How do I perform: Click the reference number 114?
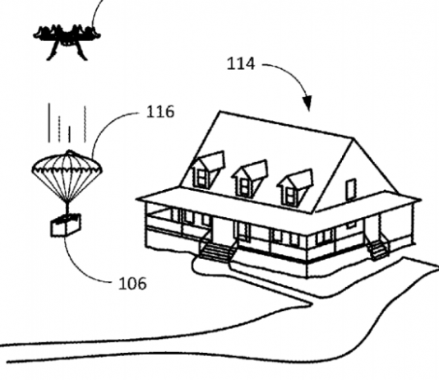[x=241, y=63]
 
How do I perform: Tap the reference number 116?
[x=160, y=112]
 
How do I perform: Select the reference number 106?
[x=132, y=283]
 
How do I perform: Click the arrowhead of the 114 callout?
[x=307, y=103]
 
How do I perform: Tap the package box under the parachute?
[x=66, y=225]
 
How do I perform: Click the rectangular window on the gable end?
[x=351, y=189]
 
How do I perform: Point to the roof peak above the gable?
[x=354, y=138]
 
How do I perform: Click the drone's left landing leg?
[x=53, y=52]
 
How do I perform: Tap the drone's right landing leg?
[x=81, y=53]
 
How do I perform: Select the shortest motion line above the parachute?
[x=69, y=134]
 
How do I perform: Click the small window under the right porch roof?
[x=351, y=224]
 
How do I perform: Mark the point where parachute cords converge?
[x=67, y=202]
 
